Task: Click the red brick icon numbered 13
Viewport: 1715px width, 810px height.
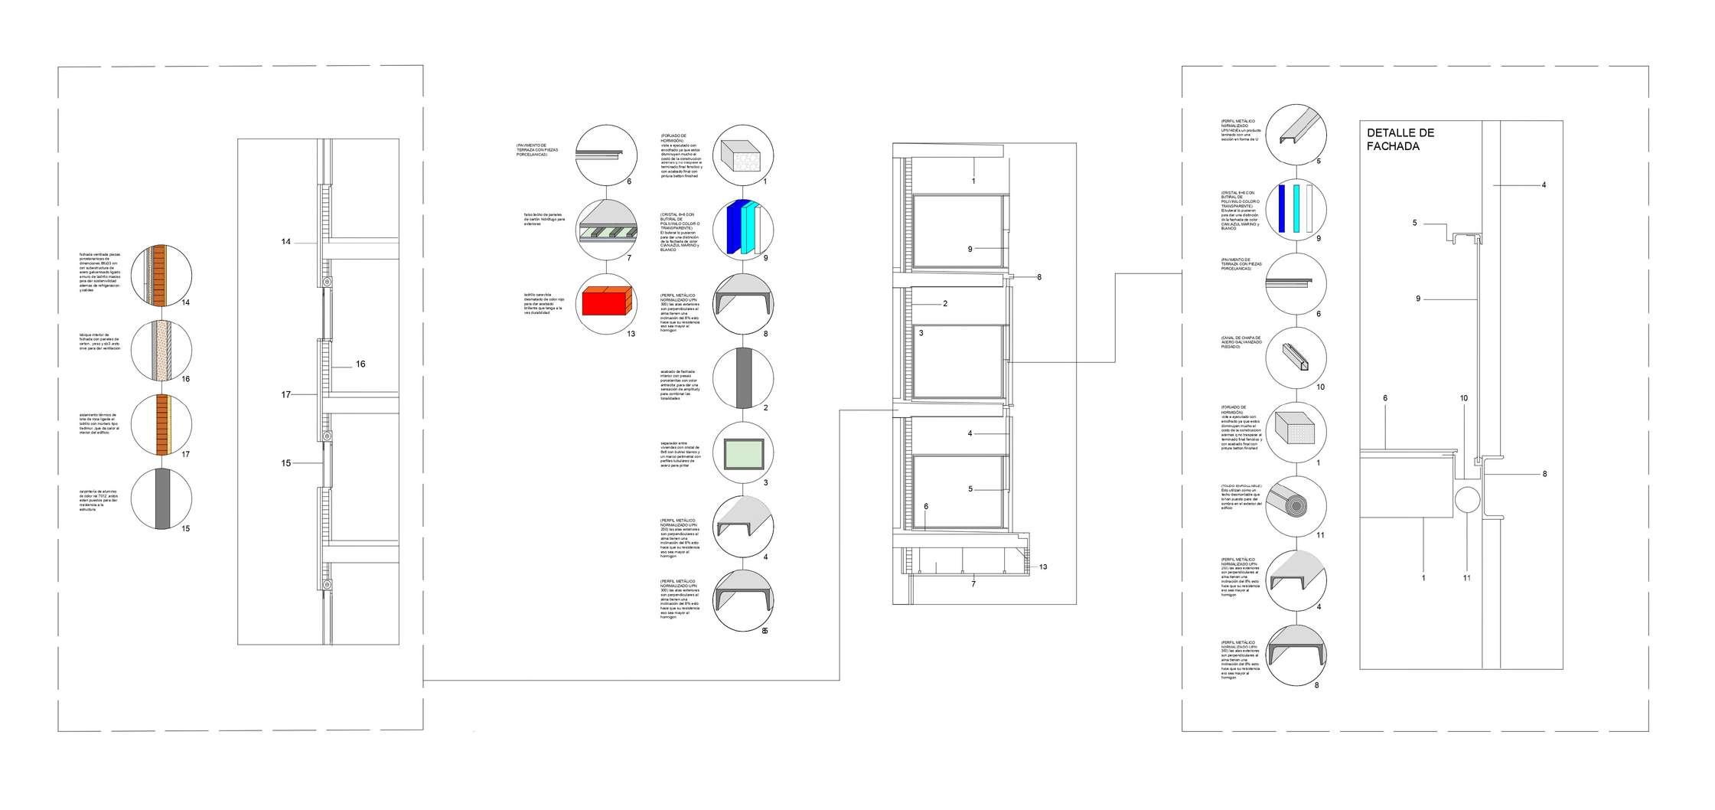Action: point(605,305)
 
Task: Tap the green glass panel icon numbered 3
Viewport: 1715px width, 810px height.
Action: point(743,453)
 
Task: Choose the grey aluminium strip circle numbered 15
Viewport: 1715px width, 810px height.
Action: point(161,499)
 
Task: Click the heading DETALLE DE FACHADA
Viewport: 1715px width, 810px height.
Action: point(1400,139)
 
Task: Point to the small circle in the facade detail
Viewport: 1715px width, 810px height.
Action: point(1467,501)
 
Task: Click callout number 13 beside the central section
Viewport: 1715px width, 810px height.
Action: point(1043,567)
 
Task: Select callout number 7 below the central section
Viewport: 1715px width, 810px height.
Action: point(973,584)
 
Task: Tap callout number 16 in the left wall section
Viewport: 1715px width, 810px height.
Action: point(360,364)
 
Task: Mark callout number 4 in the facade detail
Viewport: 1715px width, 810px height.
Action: point(1544,185)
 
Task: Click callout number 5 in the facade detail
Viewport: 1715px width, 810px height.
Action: point(1414,223)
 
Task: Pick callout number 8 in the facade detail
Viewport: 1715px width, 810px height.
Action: point(1544,474)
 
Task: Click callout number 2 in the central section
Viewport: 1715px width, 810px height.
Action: point(945,304)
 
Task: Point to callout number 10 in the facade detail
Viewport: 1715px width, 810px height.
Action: point(1463,398)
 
